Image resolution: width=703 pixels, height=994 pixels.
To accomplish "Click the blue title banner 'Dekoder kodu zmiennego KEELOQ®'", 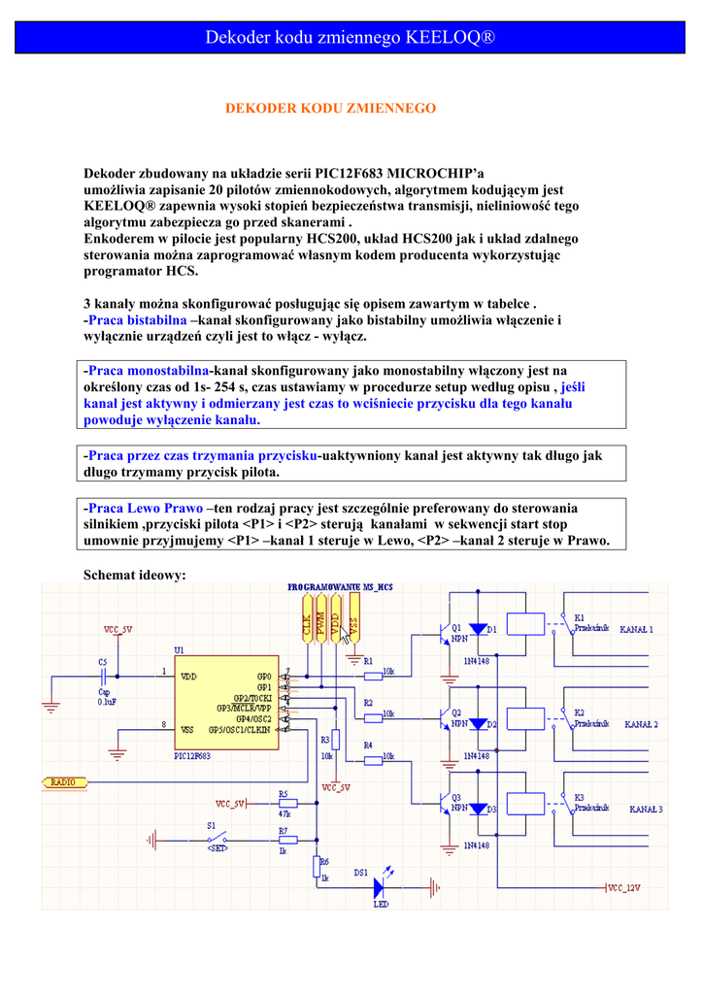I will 351,37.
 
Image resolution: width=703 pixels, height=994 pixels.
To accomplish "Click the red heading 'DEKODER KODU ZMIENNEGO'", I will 331,109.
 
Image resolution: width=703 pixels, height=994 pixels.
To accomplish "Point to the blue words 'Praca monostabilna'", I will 149,371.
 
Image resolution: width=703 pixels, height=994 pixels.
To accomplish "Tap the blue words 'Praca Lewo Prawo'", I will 146,508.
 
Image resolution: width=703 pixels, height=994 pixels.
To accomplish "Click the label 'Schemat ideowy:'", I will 134,576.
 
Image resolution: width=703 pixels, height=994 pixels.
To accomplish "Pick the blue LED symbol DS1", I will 381,884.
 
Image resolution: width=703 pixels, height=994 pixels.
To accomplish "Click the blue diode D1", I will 478,629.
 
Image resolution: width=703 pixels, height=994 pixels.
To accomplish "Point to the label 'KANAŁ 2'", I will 641,724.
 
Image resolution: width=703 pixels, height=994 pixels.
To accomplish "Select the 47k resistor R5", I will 287,803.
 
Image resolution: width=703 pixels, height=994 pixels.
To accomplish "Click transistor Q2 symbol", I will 445,718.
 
